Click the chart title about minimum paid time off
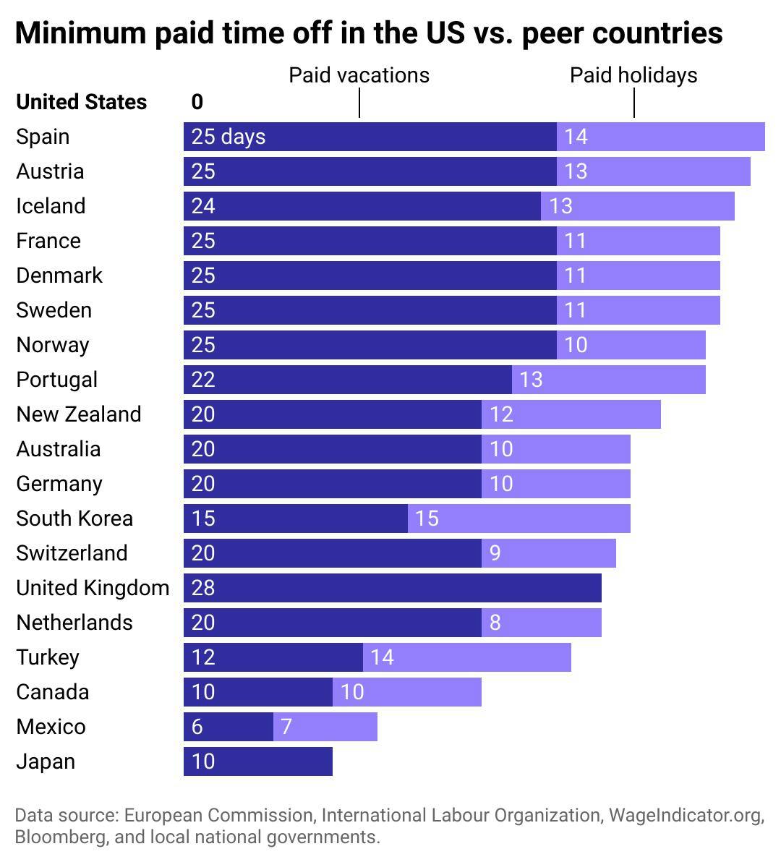369,33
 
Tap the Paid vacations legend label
359,75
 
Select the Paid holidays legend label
633,75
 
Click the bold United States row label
81,102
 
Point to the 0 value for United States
197,102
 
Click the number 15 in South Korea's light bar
427,519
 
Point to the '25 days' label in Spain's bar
229,137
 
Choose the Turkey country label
48,657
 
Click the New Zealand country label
79,414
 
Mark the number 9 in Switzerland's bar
495,553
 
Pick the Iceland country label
51,206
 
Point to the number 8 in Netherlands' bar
495,623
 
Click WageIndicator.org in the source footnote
686,816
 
